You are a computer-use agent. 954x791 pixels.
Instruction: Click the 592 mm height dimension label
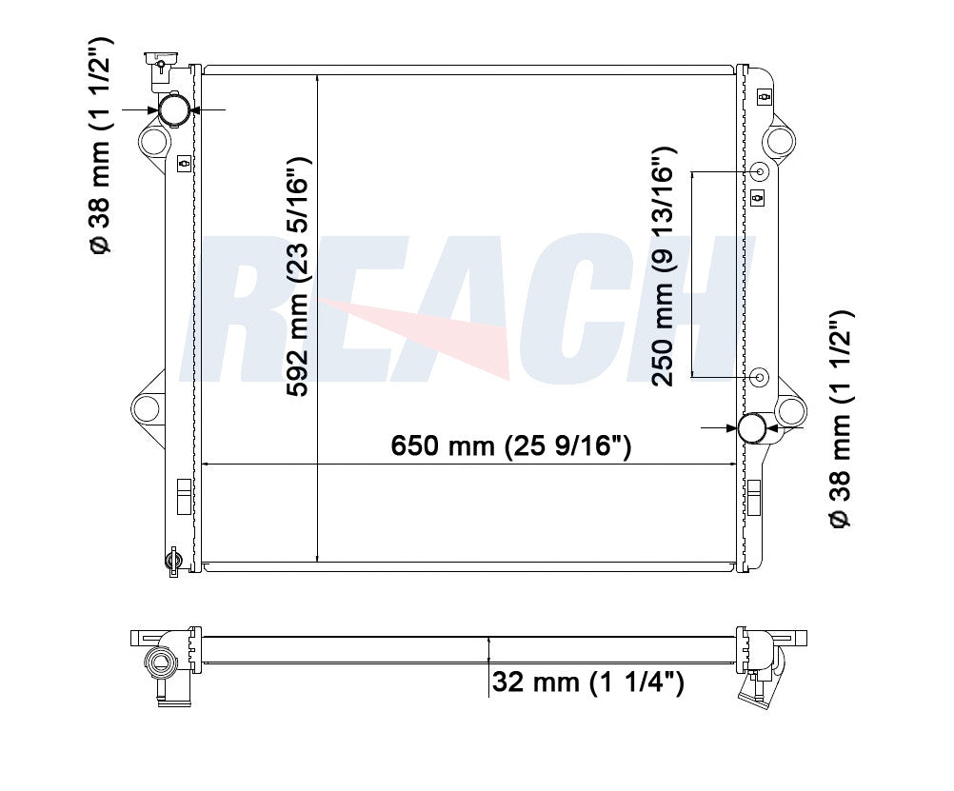point(298,277)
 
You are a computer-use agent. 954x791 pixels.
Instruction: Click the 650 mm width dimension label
point(511,445)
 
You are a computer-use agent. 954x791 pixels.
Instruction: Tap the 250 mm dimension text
point(664,267)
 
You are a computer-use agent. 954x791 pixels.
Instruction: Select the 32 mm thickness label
point(587,682)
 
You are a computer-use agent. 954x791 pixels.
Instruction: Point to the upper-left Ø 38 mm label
point(100,145)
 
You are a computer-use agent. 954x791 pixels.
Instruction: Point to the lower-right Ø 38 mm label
point(842,420)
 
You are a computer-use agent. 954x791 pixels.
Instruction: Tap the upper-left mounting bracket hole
point(152,142)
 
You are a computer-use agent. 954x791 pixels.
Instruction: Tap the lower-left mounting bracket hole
point(147,407)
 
